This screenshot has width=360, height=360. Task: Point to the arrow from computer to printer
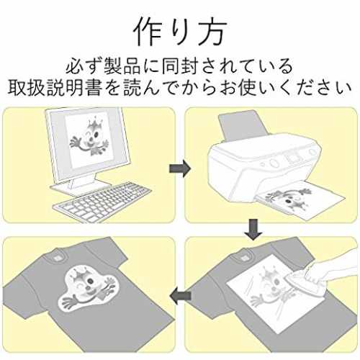180,168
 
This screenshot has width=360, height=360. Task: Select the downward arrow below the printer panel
253,229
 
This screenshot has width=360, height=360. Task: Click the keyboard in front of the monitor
103,200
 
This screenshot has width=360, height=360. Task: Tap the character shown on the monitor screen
89,139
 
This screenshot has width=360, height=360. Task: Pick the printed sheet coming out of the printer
300,199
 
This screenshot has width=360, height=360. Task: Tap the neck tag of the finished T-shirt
58,257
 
